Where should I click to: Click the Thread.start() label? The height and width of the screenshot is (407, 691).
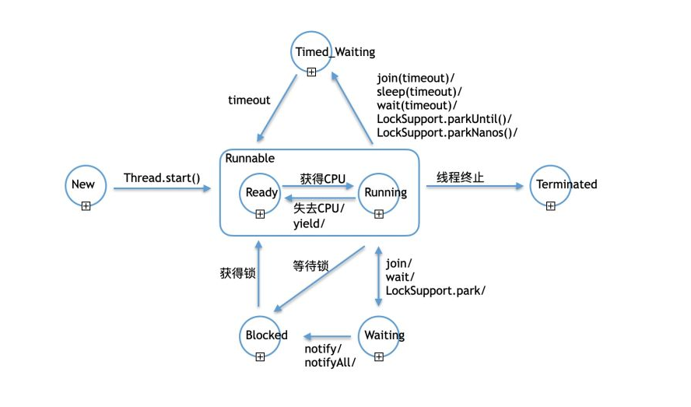point(162,178)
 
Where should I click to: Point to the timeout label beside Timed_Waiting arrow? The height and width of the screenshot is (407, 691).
point(249,100)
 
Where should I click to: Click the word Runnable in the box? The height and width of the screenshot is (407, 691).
point(250,158)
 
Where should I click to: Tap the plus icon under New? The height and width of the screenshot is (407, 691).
point(86,205)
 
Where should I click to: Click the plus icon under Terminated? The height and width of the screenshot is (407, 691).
point(550,205)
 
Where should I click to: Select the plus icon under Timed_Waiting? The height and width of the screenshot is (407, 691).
point(311,72)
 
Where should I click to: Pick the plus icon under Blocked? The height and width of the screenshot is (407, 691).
point(260,356)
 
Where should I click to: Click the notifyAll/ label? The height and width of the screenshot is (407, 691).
point(330,362)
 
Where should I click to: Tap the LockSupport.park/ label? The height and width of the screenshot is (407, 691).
point(436,290)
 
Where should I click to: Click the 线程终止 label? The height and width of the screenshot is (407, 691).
point(460,177)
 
